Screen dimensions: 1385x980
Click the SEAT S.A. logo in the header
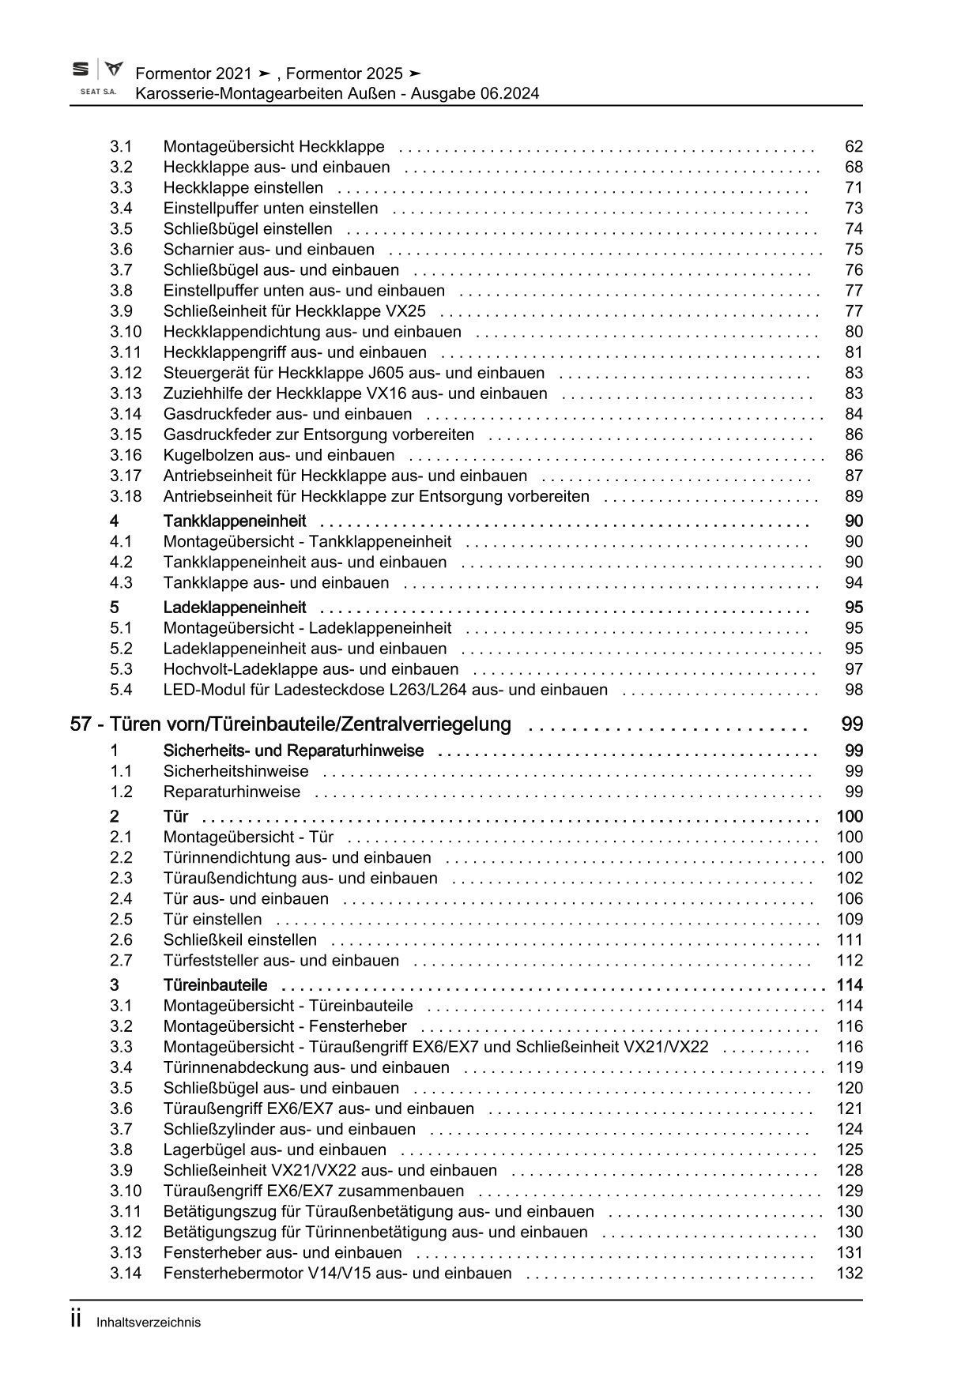97,77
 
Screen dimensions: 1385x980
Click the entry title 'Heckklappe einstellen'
243,188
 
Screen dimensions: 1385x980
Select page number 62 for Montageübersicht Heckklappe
854,147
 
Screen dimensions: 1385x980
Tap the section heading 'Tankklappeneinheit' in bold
235,521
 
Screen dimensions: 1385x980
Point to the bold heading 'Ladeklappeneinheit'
235,608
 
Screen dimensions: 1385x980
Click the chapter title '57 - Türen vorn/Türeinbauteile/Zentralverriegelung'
290,724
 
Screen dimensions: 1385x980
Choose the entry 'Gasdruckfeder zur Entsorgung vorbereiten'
318,435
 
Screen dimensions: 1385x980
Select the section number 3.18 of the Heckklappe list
126,496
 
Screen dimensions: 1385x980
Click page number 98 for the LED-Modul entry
854,690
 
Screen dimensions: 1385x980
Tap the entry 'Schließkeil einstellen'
239,940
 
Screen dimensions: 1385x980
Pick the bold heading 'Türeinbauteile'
215,985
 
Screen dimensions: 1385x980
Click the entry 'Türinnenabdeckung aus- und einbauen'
306,1067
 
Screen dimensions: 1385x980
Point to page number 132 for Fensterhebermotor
849,1273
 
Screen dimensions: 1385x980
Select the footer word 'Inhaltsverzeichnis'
149,1323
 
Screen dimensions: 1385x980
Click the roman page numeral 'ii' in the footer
77,1320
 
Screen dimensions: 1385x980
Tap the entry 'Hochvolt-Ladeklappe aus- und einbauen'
311,669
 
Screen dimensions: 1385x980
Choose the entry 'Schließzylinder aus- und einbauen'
288,1129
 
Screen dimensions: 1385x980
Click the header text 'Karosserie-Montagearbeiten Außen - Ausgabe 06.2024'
337,94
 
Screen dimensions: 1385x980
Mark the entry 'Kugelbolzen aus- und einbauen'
278,455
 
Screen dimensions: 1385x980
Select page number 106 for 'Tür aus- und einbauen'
849,899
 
